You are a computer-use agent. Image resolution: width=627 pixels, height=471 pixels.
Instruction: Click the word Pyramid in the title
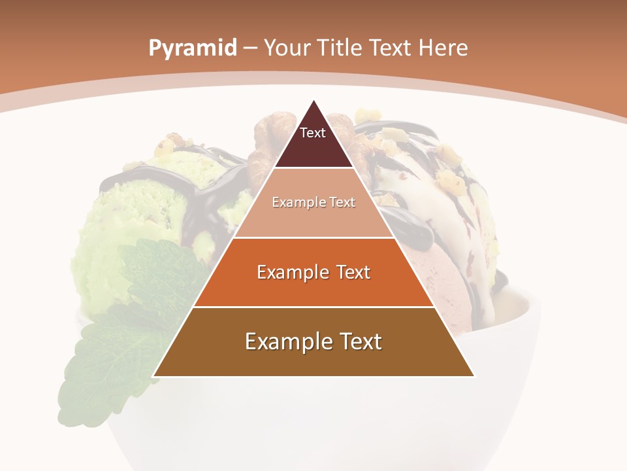(x=192, y=48)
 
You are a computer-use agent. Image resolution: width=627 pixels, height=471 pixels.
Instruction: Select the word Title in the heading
(x=340, y=48)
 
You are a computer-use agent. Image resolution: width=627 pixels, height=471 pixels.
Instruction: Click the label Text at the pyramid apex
(x=313, y=133)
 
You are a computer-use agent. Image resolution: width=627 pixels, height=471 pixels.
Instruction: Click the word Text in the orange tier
(x=350, y=272)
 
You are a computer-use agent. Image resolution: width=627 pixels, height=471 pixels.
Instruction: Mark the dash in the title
(x=250, y=48)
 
